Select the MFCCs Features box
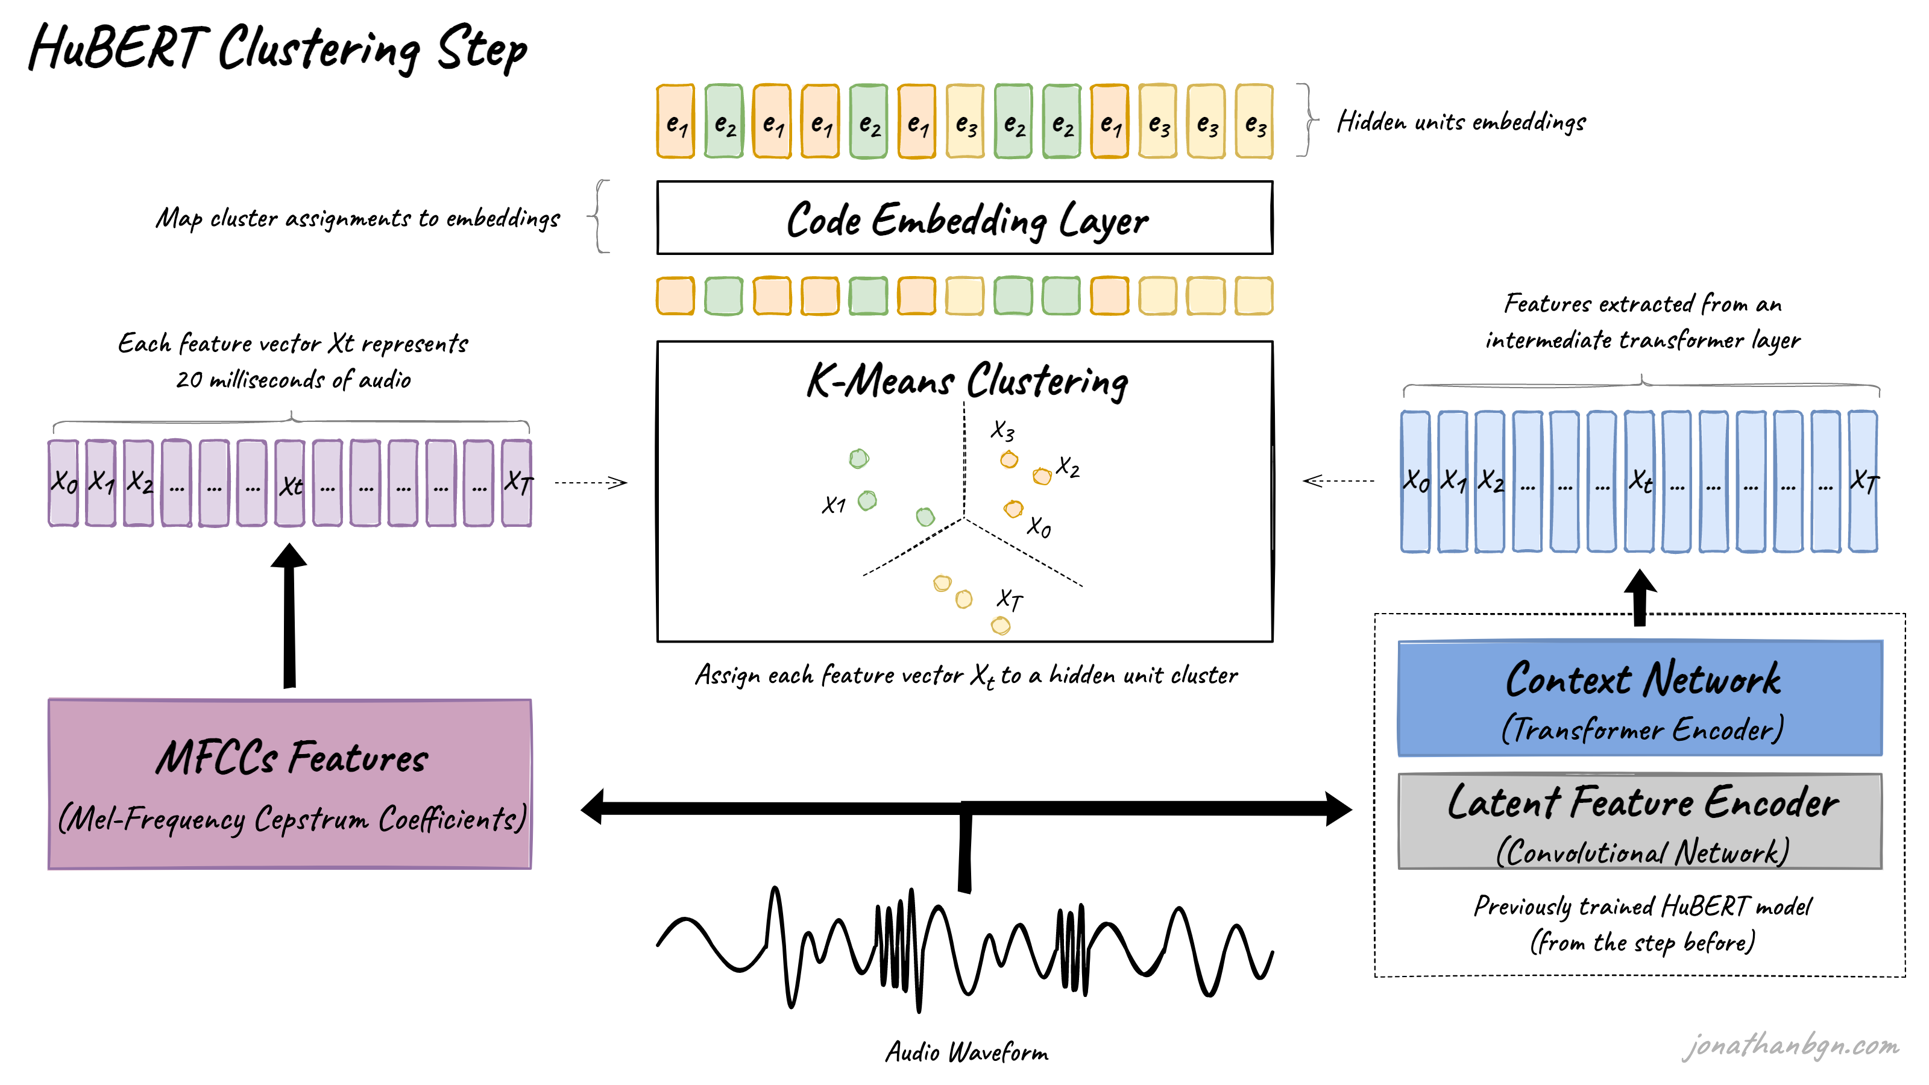[290, 783]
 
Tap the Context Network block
[1640, 698]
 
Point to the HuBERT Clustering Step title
[277, 49]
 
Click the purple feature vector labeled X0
[64, 483]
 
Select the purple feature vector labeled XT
[517, 483]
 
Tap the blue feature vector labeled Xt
[1640, 482]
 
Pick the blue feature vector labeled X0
[1415, 482]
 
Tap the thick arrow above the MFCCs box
[290, 614]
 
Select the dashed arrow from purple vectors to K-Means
[590, 483]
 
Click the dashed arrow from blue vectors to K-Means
[1339, 481]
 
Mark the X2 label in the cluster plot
[1068, 467]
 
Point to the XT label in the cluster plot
[1010, 599]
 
